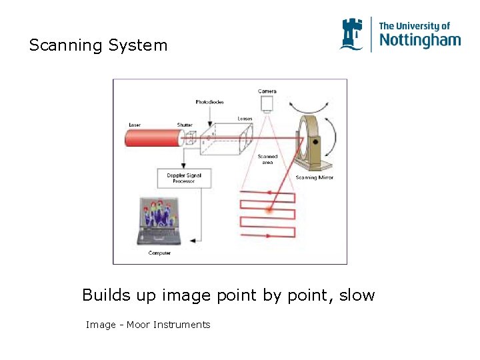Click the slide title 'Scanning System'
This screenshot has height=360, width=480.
tap(98, 45)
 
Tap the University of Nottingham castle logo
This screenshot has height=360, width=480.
tap(352, 34)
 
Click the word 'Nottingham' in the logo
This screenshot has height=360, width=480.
tap(419, 41)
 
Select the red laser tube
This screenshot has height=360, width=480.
tap(153, 138)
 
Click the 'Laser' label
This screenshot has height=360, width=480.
tap(135, 125)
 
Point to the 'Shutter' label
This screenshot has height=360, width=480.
tap(185, 125)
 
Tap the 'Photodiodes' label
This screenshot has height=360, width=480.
tap(209, 102)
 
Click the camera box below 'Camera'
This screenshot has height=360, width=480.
tap(268, 103)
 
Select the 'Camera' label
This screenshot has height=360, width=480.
tap(267, 91)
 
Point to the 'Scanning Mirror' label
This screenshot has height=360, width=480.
tap(315, 177)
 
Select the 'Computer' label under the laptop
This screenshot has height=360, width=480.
tap(159, 253)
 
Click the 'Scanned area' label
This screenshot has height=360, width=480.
tap(267, 159)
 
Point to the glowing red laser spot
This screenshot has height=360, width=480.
tap(269, 210)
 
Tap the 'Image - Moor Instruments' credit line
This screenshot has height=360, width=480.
tap(148, 325)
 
